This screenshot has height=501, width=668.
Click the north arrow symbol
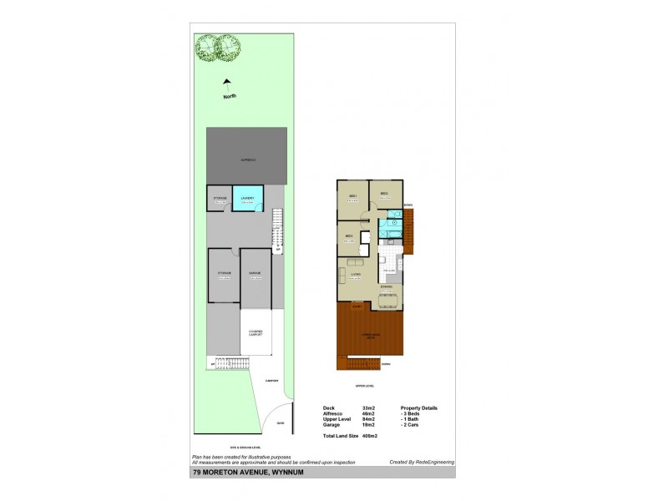(x=226, y=84)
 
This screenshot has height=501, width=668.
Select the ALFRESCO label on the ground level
(x=248, y=159)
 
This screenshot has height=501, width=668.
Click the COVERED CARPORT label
(x=256, y=332)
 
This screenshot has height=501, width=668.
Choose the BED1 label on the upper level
(x=352, y=195)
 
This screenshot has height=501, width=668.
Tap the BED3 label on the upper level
(x=349, y=235)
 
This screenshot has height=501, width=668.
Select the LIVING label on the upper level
(x=355, y=273)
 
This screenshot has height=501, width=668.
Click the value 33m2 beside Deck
(x=368, y=407)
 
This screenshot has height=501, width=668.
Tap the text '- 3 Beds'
(x=411, y=413)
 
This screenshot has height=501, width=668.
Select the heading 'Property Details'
(x=419, y=407)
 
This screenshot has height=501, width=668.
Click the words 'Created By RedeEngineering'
(x=420, y=461)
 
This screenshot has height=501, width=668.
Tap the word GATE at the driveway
(x=280, y=423)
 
